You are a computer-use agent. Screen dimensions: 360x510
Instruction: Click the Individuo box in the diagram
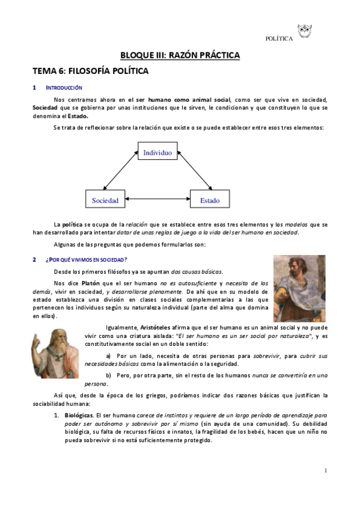[x=157, y=153]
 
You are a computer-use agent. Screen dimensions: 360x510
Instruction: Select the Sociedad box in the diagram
[x=105, y=200]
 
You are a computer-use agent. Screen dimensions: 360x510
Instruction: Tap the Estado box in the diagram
[x=210, y=200]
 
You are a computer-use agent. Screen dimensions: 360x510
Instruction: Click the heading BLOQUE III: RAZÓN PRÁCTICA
[x=180, y=55]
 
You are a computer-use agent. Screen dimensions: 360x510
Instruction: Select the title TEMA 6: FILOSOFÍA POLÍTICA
[x=90, y=71]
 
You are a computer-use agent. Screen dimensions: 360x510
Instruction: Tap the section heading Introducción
[x=67, y=88]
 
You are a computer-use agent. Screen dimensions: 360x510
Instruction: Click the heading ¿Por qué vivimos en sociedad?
[x=86, y=259]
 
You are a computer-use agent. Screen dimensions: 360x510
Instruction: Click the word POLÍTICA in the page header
[x=279, y=39]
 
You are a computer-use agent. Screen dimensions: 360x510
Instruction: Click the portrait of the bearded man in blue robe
[x=299, y=288]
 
